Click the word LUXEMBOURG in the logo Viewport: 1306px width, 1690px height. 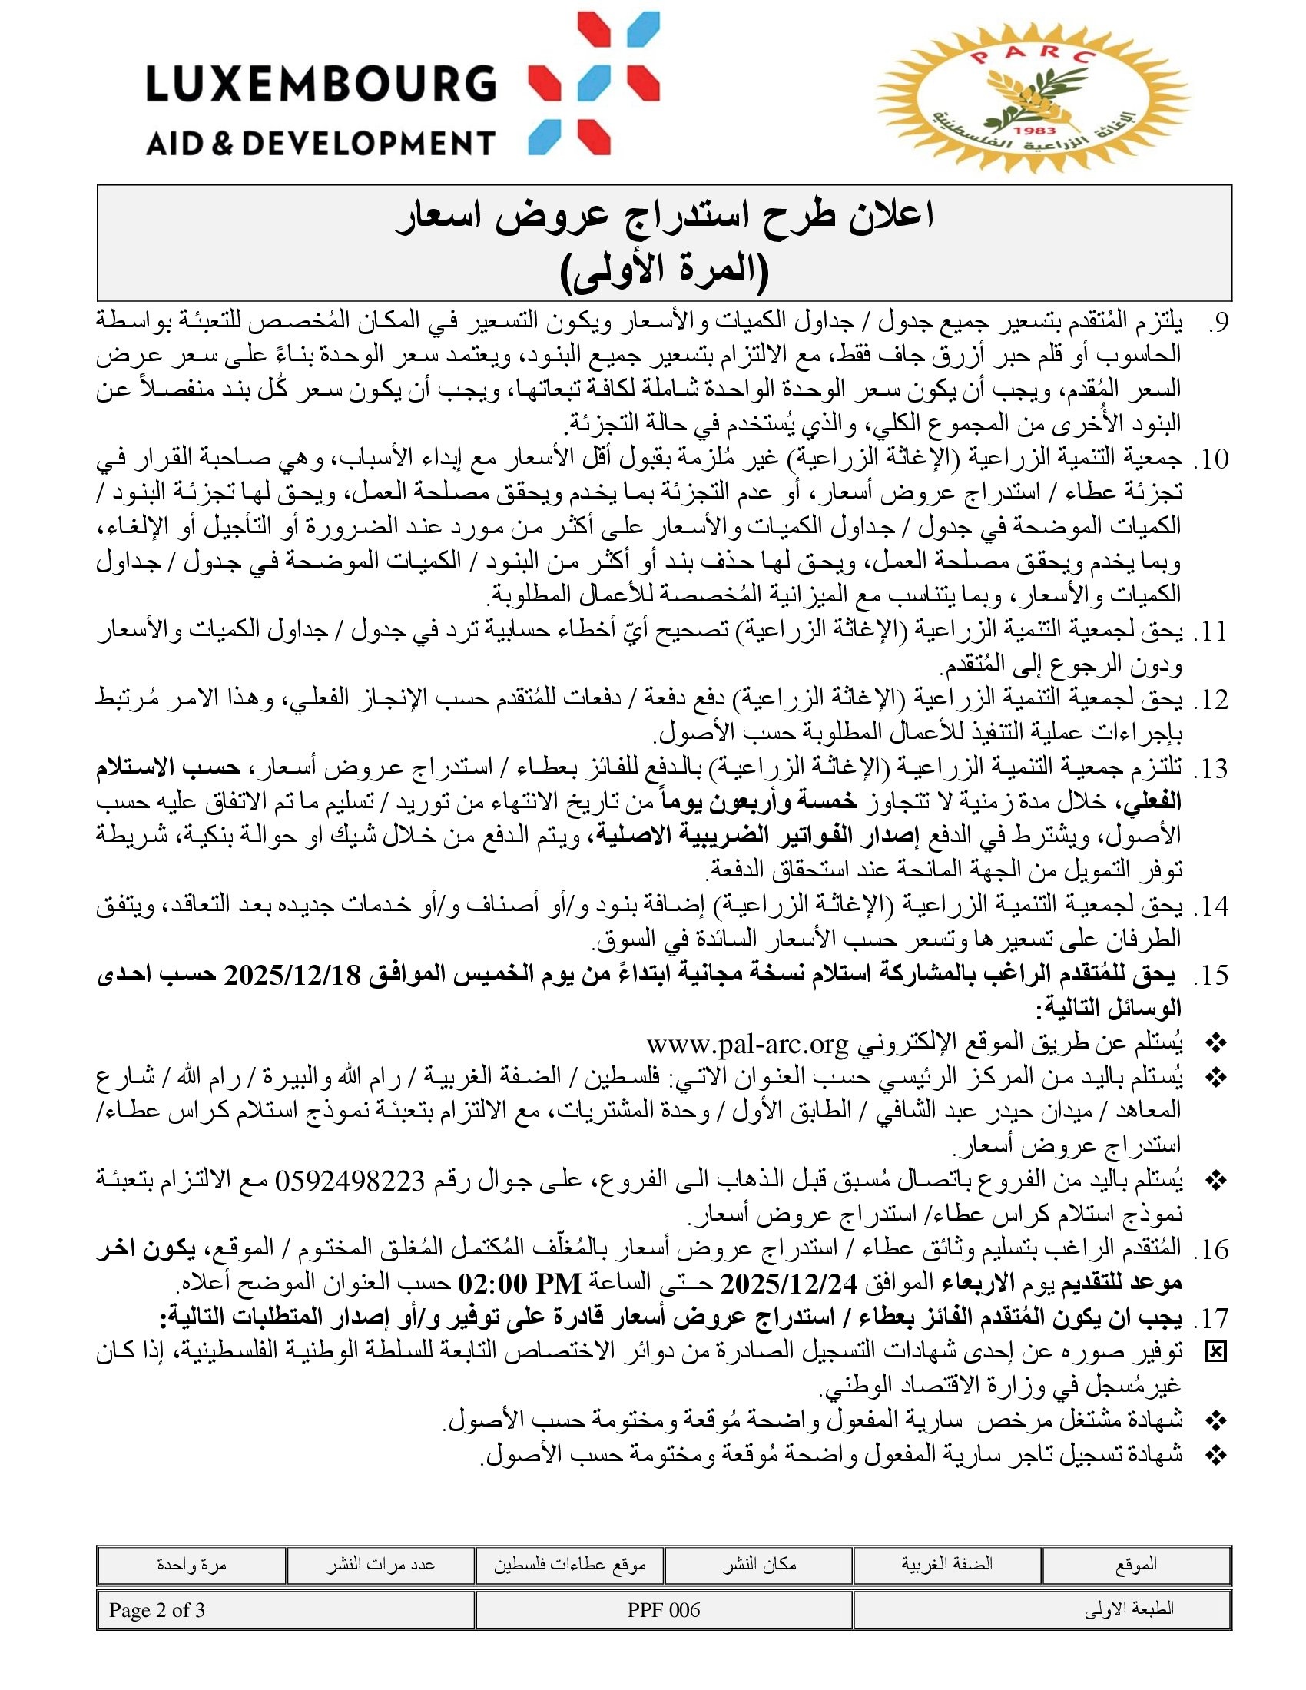pos(320,84)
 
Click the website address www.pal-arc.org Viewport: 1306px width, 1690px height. pos(747,1045)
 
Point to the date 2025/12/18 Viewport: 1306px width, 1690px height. pos(293,976)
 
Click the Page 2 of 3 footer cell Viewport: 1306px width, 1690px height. pos(157,1610)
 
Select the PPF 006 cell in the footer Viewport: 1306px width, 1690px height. pos(663,1610)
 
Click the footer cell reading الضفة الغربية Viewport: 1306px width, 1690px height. pos(946,1565)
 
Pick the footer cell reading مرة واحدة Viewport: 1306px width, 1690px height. pos(191,1565)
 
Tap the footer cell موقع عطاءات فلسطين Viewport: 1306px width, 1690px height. pos(569,1565)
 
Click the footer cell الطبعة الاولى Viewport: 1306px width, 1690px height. pos(1129,1610)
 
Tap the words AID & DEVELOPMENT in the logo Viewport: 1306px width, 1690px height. pos(320,143)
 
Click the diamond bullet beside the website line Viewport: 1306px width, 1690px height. pos(1216,1045)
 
